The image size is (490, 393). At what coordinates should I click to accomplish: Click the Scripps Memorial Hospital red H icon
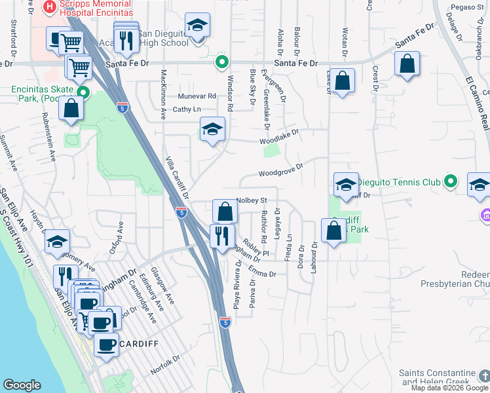48,7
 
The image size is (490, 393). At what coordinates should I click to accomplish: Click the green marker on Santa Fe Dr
222,63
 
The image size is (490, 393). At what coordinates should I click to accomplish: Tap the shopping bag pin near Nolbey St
225,212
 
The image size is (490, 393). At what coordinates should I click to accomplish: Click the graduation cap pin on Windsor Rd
212,129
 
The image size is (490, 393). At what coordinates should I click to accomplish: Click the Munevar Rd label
197,96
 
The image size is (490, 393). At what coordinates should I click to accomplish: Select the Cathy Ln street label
187,109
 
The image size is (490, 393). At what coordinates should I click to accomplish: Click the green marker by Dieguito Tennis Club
450,181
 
